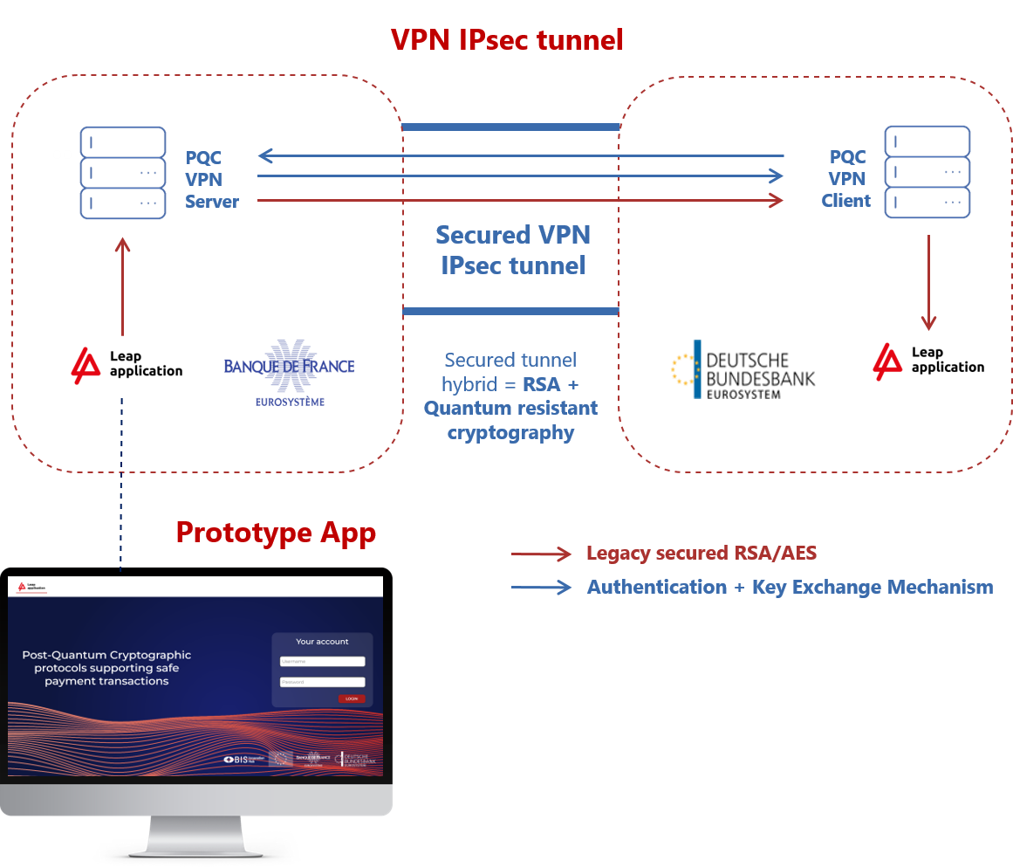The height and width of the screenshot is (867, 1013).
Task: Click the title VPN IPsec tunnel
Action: [x=507, y=40]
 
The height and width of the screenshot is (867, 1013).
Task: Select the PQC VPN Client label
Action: [x=846, y=179]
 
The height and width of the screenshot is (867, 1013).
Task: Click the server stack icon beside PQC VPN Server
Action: [x=123, y=173]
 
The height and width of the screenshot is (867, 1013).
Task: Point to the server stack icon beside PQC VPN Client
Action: [x=927, y=172]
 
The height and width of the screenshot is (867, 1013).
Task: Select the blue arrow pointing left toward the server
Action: [x=521, y=156]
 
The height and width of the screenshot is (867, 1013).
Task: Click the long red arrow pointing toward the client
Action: [x=521, y=201]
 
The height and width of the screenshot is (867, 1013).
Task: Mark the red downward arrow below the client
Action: [x=928, y=284]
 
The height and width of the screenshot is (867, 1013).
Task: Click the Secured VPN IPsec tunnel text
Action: [x=513, y=250]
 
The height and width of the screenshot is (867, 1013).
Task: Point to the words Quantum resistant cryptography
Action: [x=511, y=420]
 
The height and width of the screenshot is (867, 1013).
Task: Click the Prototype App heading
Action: [x=276, y=532]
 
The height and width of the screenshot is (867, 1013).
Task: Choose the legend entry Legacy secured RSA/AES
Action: [x=702, y=554]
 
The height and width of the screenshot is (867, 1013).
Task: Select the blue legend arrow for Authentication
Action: [x=542, y=588]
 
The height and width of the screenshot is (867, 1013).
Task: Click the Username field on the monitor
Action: [x=322, y=662]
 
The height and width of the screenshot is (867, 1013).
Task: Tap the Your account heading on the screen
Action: [x=322, y=642]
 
